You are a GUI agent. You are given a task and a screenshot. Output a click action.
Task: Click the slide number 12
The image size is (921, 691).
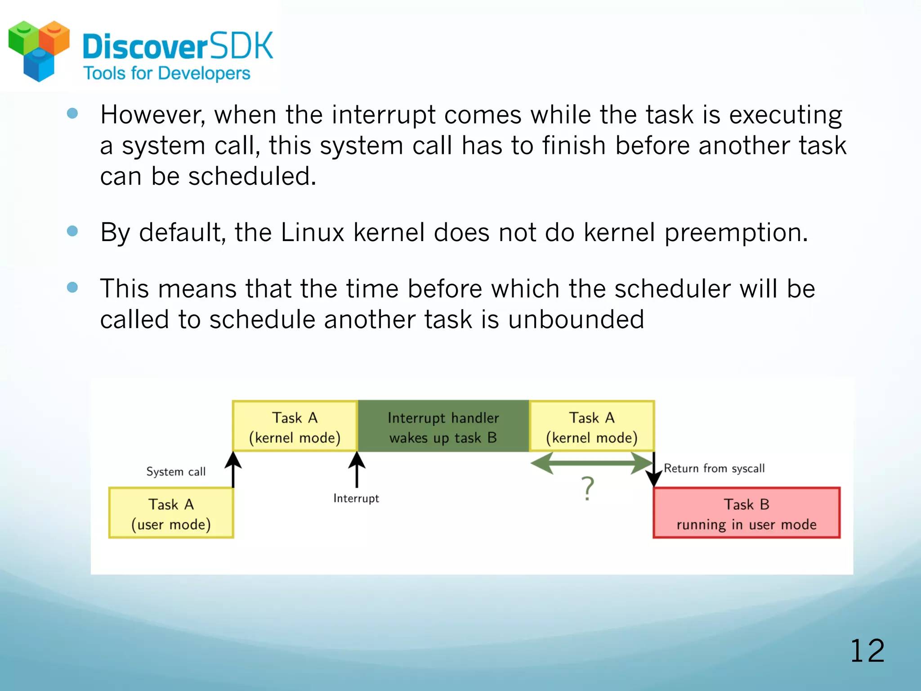(x=867, y=651)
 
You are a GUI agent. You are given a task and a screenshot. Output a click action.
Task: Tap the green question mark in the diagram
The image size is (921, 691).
(x=587, y=489)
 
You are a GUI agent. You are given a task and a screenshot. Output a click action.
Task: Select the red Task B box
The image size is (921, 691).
(x=747, y=513)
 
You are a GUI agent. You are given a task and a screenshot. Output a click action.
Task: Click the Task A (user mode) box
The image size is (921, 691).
(x=171, y=513)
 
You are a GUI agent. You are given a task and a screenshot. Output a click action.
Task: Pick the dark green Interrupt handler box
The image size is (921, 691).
(x=443, y=426)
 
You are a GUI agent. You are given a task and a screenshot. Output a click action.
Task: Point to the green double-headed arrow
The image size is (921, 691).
(x=591, y=463)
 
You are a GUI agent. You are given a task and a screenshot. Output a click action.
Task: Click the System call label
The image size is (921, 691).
(x=176, y=471)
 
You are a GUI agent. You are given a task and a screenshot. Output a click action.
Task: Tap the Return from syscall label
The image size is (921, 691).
(x=714, y=468)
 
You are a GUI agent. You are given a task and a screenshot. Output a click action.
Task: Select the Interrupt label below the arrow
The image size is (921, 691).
(x=356, y=498)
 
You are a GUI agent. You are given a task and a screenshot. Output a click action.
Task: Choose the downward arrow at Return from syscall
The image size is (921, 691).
(x=654, y=470)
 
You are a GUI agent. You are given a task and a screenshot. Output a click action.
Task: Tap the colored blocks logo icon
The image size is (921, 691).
(x=39, y=50)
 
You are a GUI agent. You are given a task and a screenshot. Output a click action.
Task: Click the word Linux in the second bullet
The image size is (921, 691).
(x=312, y=233)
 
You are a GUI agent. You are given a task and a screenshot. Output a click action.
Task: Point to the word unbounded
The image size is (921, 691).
(x=576, y=319)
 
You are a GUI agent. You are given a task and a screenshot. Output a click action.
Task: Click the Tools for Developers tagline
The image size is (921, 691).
(x=167, y=73)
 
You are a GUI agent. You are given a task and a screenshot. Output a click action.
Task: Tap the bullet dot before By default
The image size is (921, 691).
(x=72, y=231)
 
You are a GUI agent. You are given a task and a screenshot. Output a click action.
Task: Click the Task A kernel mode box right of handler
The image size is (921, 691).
(x=591, y=426)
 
